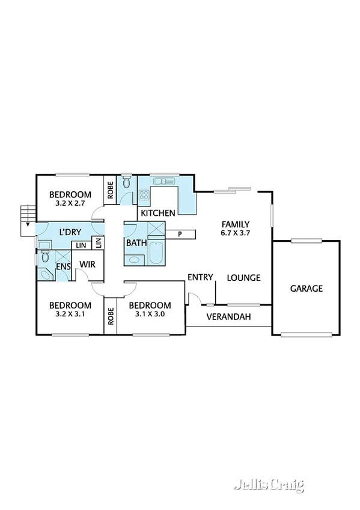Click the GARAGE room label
pyautogui.click(x=307, y=289)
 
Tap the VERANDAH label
pyautogui.click(x=228, y=317)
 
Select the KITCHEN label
pyautogui.click(x=158, y=213)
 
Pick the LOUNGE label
pyautogui.click(x=243, y=278)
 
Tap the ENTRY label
pyautogui.click(x=200, y=277)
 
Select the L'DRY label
pyautogui.click(x=70, y=232)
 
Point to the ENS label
pyautogui.click(x=63, y=266)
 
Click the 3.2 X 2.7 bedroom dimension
pyautogui.click(x=70, y=203)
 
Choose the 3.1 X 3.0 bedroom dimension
pyautogui.click(x=150, y=314)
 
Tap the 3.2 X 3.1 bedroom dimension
pyautogui.click(x=70, y=314)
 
